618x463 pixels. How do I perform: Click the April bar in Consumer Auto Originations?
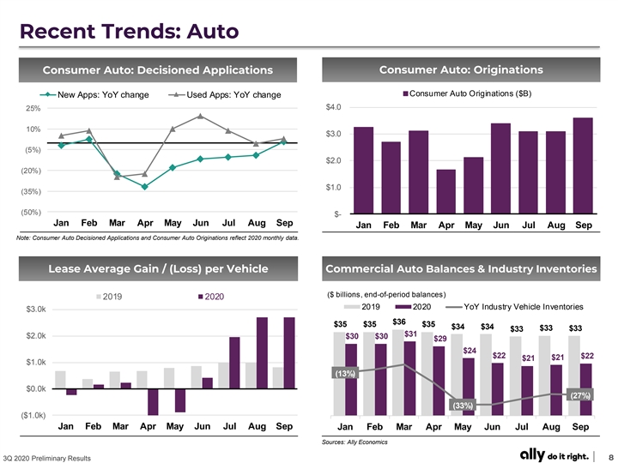(x=446, y=191)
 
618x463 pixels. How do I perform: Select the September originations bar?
(x=584, y=165)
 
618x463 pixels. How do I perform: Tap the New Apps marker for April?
(x=145, y=187)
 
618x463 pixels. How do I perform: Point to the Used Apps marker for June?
(x=200, y=116)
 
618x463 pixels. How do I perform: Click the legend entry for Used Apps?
(x=225, y=95)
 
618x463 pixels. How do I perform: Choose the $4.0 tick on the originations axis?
(x=333, y=107)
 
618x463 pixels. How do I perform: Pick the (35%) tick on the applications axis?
(x=31, y=192)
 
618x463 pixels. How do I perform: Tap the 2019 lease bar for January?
(x=60, y=380)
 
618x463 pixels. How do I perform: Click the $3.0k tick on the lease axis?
(x=36, y=310)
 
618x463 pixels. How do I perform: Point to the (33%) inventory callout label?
(x=463, y=405)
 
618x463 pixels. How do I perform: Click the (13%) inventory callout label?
(x=345, y=373)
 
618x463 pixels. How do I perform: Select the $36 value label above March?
(x=399, y=322)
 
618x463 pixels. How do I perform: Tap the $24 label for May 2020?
(x=470, y=351)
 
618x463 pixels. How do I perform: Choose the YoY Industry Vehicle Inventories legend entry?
(x=514, y=307)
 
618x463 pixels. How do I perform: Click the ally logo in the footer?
(x=532, y=454)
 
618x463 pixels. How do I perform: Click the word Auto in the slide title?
(x=213, y=32)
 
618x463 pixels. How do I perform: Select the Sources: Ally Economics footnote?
(x=354, y=442)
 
